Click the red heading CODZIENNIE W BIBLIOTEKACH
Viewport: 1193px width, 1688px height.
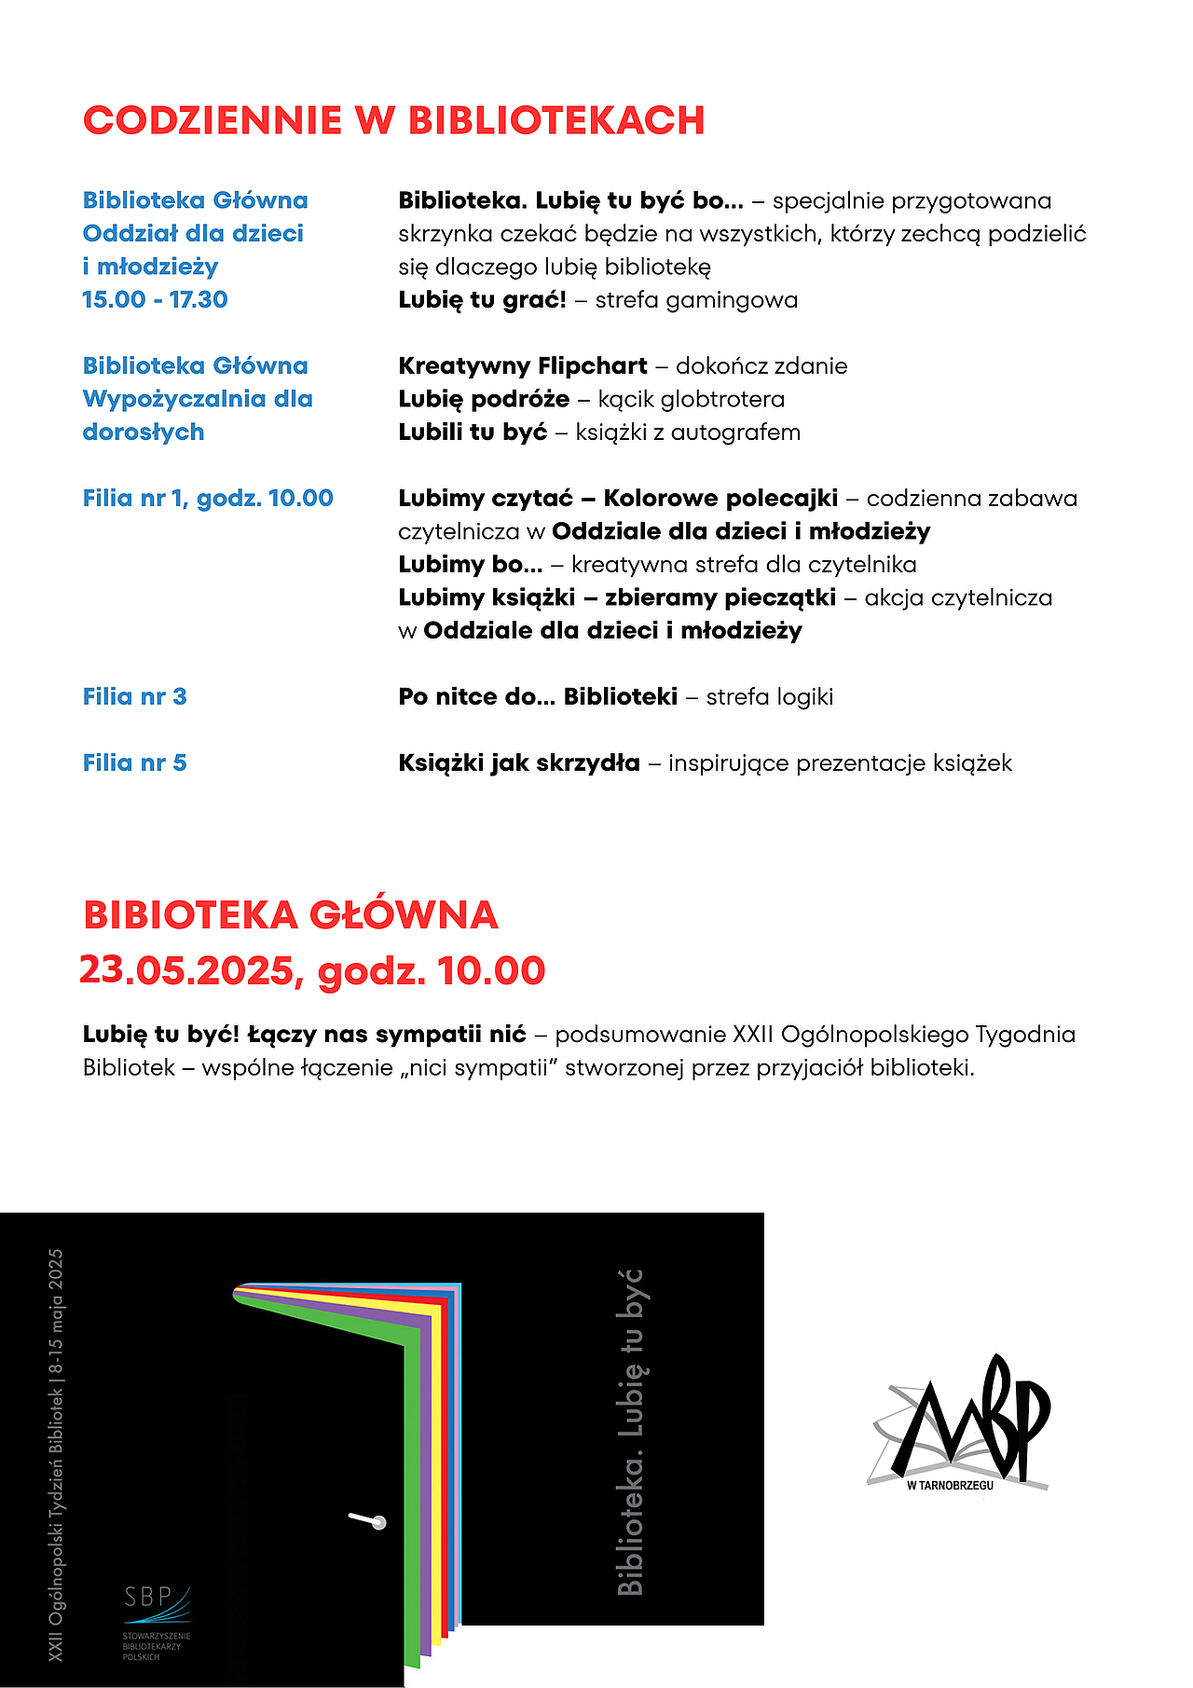(x=393, y=121)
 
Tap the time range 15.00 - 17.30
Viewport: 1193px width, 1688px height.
(x=155, y=299)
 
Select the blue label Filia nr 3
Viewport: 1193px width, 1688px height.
(x=134, y=696)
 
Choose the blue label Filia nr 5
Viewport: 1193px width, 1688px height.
(x=134, y=762)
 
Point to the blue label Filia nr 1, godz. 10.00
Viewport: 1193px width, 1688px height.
(x=208, y=498)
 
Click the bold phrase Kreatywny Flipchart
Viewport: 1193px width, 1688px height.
(x=522, y=365)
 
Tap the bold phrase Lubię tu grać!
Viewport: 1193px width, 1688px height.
(x=482, y=299)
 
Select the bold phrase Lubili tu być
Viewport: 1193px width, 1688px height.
(x=473, y=432)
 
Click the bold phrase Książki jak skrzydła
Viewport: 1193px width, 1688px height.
(x=518, y=762)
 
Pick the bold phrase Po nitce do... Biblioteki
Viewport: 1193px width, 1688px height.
(x=537, y=696)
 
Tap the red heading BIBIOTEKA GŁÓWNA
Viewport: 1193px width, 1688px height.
(x=291, y=915)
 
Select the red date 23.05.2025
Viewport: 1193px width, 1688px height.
(x=186, y=970)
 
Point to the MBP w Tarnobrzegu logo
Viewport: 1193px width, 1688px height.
(x=960, y=1422)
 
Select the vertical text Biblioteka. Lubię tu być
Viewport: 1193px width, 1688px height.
(x=631, y=1432)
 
